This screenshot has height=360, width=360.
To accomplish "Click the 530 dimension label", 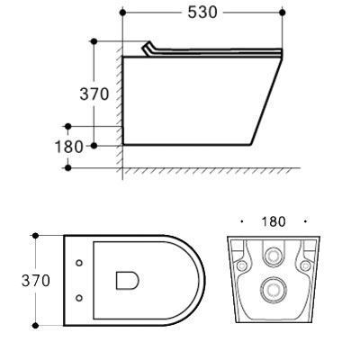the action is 202,13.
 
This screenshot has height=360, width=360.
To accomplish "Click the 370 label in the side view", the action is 94,94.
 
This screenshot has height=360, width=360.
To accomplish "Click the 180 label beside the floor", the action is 68,147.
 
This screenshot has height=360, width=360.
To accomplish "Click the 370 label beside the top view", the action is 36,281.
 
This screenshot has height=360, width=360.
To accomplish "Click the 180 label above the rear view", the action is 274,221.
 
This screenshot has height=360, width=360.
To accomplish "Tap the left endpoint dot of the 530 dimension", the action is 122,13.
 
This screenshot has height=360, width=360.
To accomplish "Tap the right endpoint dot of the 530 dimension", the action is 282,13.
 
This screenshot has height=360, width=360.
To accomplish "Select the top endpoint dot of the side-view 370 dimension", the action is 94,41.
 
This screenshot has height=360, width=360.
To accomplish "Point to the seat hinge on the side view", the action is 148,49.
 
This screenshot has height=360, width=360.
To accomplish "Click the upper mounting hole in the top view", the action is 79,263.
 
